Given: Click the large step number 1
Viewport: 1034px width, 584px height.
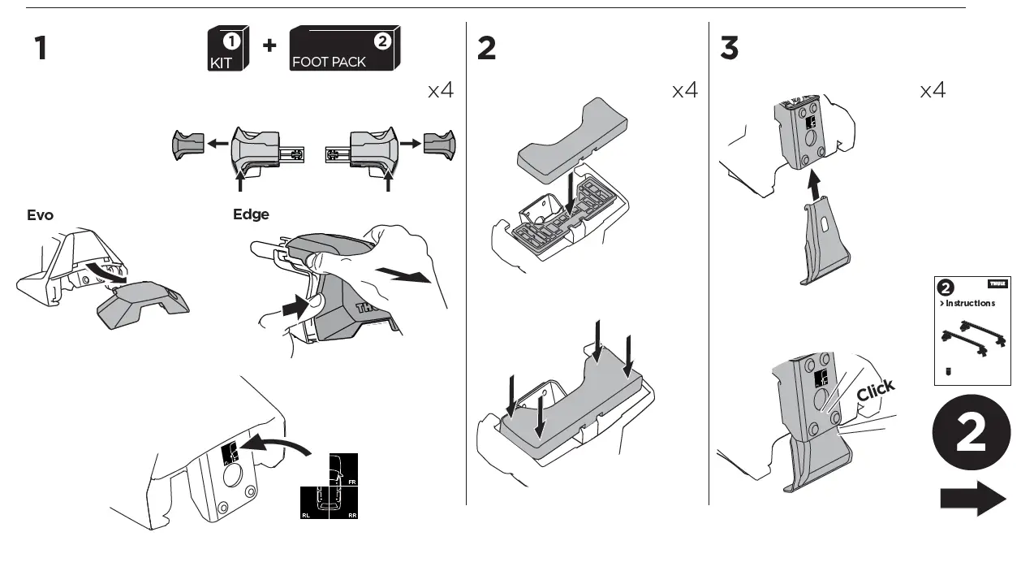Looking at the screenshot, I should pyautogui.click(x=40, y=50).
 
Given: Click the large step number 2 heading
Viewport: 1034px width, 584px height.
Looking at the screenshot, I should pyautogui.click(x=486, y=50).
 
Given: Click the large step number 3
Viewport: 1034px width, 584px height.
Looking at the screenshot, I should pyautogui.click(x=729, y=50).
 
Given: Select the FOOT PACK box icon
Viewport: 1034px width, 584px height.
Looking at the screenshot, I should pyautogui.click(x=344, y=50).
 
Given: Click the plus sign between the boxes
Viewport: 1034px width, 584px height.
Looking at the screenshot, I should pyautogui.click(x=269, y=45).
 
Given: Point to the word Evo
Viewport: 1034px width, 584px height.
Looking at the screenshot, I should pyautogui.click(x=41, y=215).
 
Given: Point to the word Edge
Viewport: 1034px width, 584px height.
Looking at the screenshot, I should pyautogui.click(x=251, y=214).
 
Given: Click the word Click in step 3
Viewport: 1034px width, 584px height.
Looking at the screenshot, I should pyautogui.click(x=876, y=391).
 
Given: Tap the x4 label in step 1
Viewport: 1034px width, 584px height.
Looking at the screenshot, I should pyautogui.click(x=441, y=90).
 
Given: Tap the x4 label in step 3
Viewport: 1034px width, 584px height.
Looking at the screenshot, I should pyautogui.click(x=933, y=90).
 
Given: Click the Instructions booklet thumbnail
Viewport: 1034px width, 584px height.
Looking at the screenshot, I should pyautogui.click(x=972, y=331).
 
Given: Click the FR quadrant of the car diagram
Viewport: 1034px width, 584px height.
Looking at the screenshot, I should pyautogui.click(x=343, y=470).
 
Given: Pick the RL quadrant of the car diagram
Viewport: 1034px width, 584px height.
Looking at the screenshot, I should pyautogui.click(x=315, y=503).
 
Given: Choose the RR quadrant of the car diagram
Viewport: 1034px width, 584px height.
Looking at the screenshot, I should pyautogui.click(x=343, y=503).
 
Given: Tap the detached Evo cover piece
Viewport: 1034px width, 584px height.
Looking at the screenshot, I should pyautogui.click(x=143, y=304).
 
